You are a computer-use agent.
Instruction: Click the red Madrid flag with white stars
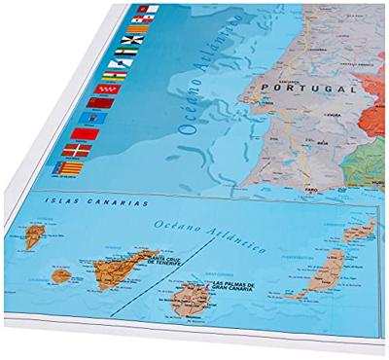[101, 102]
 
